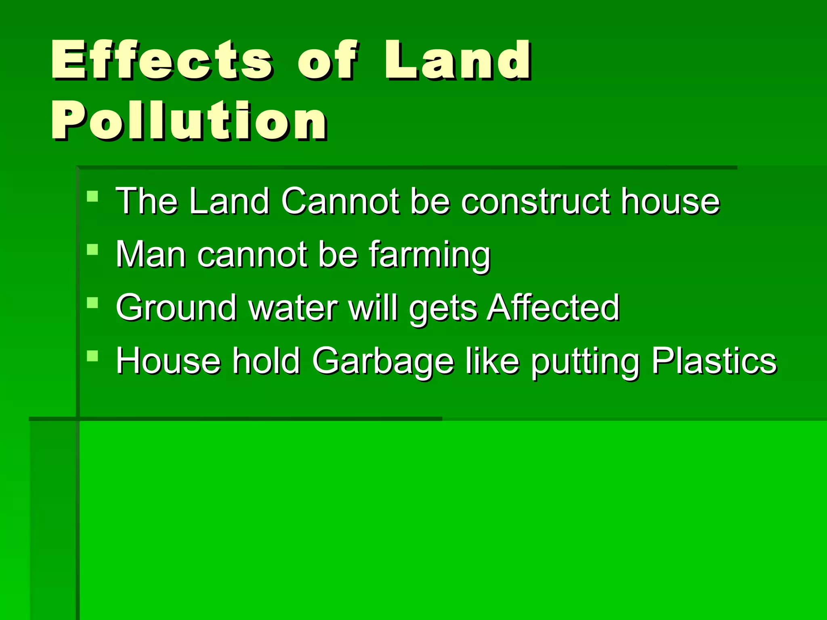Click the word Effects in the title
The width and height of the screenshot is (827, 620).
[x=162, y=61]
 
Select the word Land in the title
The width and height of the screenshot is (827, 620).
[x=458, y=61]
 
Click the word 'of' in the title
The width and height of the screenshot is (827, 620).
[x=327, y=61]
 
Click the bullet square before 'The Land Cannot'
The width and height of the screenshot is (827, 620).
[x=92, y=197]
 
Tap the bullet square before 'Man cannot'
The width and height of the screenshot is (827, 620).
[x=92, y=250]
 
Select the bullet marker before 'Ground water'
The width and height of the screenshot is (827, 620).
[x=92, y=303]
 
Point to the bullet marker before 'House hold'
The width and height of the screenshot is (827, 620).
[x=92, y=356]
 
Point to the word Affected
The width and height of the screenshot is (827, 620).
[x=553, y=308]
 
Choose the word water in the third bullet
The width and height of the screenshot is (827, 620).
[x=293, y=308]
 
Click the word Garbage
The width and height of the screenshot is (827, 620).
[x=383, y=362]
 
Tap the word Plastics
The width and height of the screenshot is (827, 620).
[x=714, y=361]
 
